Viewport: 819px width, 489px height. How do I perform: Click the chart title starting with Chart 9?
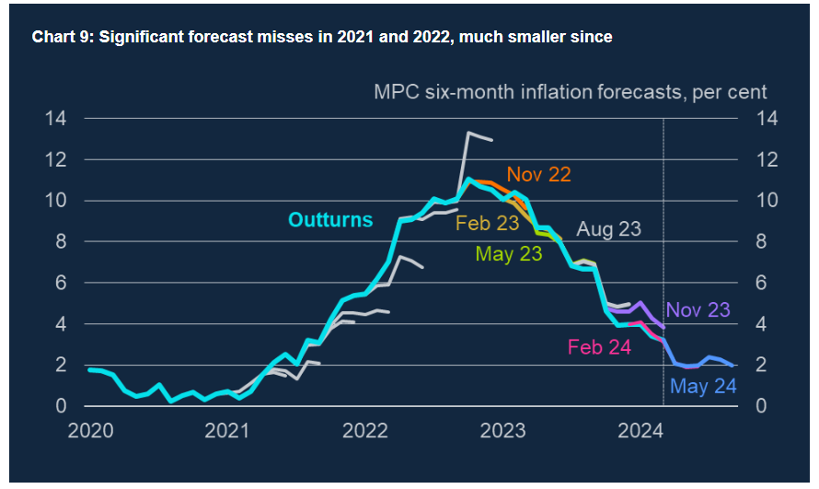pos(322,38)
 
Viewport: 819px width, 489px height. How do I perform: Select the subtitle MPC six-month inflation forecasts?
pos(570,92)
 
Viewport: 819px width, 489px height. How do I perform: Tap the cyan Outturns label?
pos(330,220)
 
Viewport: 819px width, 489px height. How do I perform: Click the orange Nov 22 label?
pos(538,175)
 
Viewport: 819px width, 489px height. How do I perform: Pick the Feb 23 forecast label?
pos(487,224)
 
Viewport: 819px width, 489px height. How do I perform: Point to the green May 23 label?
pos(508,254)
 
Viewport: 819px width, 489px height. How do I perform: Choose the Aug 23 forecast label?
pos(608,229)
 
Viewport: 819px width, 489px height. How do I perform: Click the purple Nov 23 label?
pos(698,310)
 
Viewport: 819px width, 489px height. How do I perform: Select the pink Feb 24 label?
pos(600,348)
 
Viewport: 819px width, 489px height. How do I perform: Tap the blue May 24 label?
pos(704,387)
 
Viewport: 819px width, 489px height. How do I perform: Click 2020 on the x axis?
pos(89,431)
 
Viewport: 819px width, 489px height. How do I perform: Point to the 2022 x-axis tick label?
pos(365,431)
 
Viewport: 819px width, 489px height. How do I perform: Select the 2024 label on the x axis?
pos(641,431)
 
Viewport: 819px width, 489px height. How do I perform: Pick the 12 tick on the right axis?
pos(767,160)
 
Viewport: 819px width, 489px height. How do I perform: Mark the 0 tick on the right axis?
pos(762,406)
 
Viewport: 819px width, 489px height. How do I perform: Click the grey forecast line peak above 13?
pos(469,134)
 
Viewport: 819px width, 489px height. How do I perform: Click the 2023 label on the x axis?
pos(503,431)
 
